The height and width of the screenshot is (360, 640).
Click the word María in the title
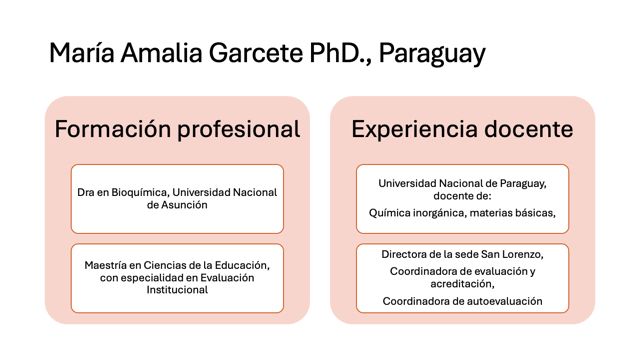point(82,53)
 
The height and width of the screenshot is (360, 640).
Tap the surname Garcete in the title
point(256,53)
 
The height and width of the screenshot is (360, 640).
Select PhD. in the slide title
point(340,53)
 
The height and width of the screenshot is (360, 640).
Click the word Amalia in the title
point(161,53)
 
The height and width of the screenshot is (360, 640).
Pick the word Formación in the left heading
point(113,129)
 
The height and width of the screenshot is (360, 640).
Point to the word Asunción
point(184,204)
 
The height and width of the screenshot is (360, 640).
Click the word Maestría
point(105,265)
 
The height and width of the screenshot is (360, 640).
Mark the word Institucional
point(177,290)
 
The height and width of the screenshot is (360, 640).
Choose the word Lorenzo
point(523,254)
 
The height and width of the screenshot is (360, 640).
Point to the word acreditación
point(462,284)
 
